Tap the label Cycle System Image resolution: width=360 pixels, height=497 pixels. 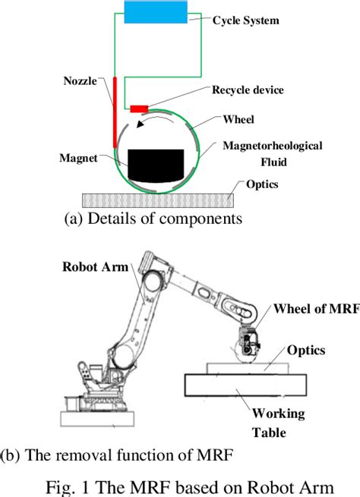[x=245, y=20]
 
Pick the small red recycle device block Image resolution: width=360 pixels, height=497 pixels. [x=141, y=108]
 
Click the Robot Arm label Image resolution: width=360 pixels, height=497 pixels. [x=95, y=266]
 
